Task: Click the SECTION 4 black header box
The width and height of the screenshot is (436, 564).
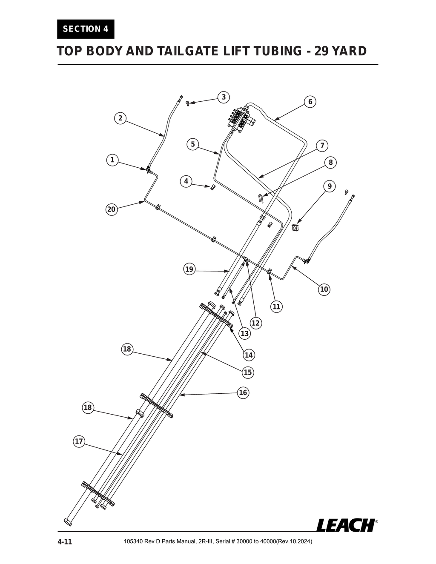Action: click(86, 29)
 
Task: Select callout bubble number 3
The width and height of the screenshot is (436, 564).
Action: click(224, 97)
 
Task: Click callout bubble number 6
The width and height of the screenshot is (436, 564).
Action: click(310, 102)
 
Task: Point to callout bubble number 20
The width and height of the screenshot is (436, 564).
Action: click(111, 209)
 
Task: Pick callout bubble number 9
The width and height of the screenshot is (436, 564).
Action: click(329, 186)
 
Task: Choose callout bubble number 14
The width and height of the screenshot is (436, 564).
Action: click(249, 355)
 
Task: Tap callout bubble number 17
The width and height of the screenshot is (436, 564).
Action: click(79, 441)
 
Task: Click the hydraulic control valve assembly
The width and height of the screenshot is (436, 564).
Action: click(241, 118)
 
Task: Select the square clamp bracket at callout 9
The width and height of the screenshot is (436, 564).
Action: click(295, 228)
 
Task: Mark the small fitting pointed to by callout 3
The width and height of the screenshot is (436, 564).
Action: click(187, 103)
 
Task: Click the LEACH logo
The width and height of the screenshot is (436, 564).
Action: click(346, 525)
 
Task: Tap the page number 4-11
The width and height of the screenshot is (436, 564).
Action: click(65, 542)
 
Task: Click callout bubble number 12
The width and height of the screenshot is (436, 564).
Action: click(255, 323)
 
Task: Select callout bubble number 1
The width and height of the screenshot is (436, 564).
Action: click(112, 160)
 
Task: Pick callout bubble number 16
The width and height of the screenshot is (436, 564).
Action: click(243, 392)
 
